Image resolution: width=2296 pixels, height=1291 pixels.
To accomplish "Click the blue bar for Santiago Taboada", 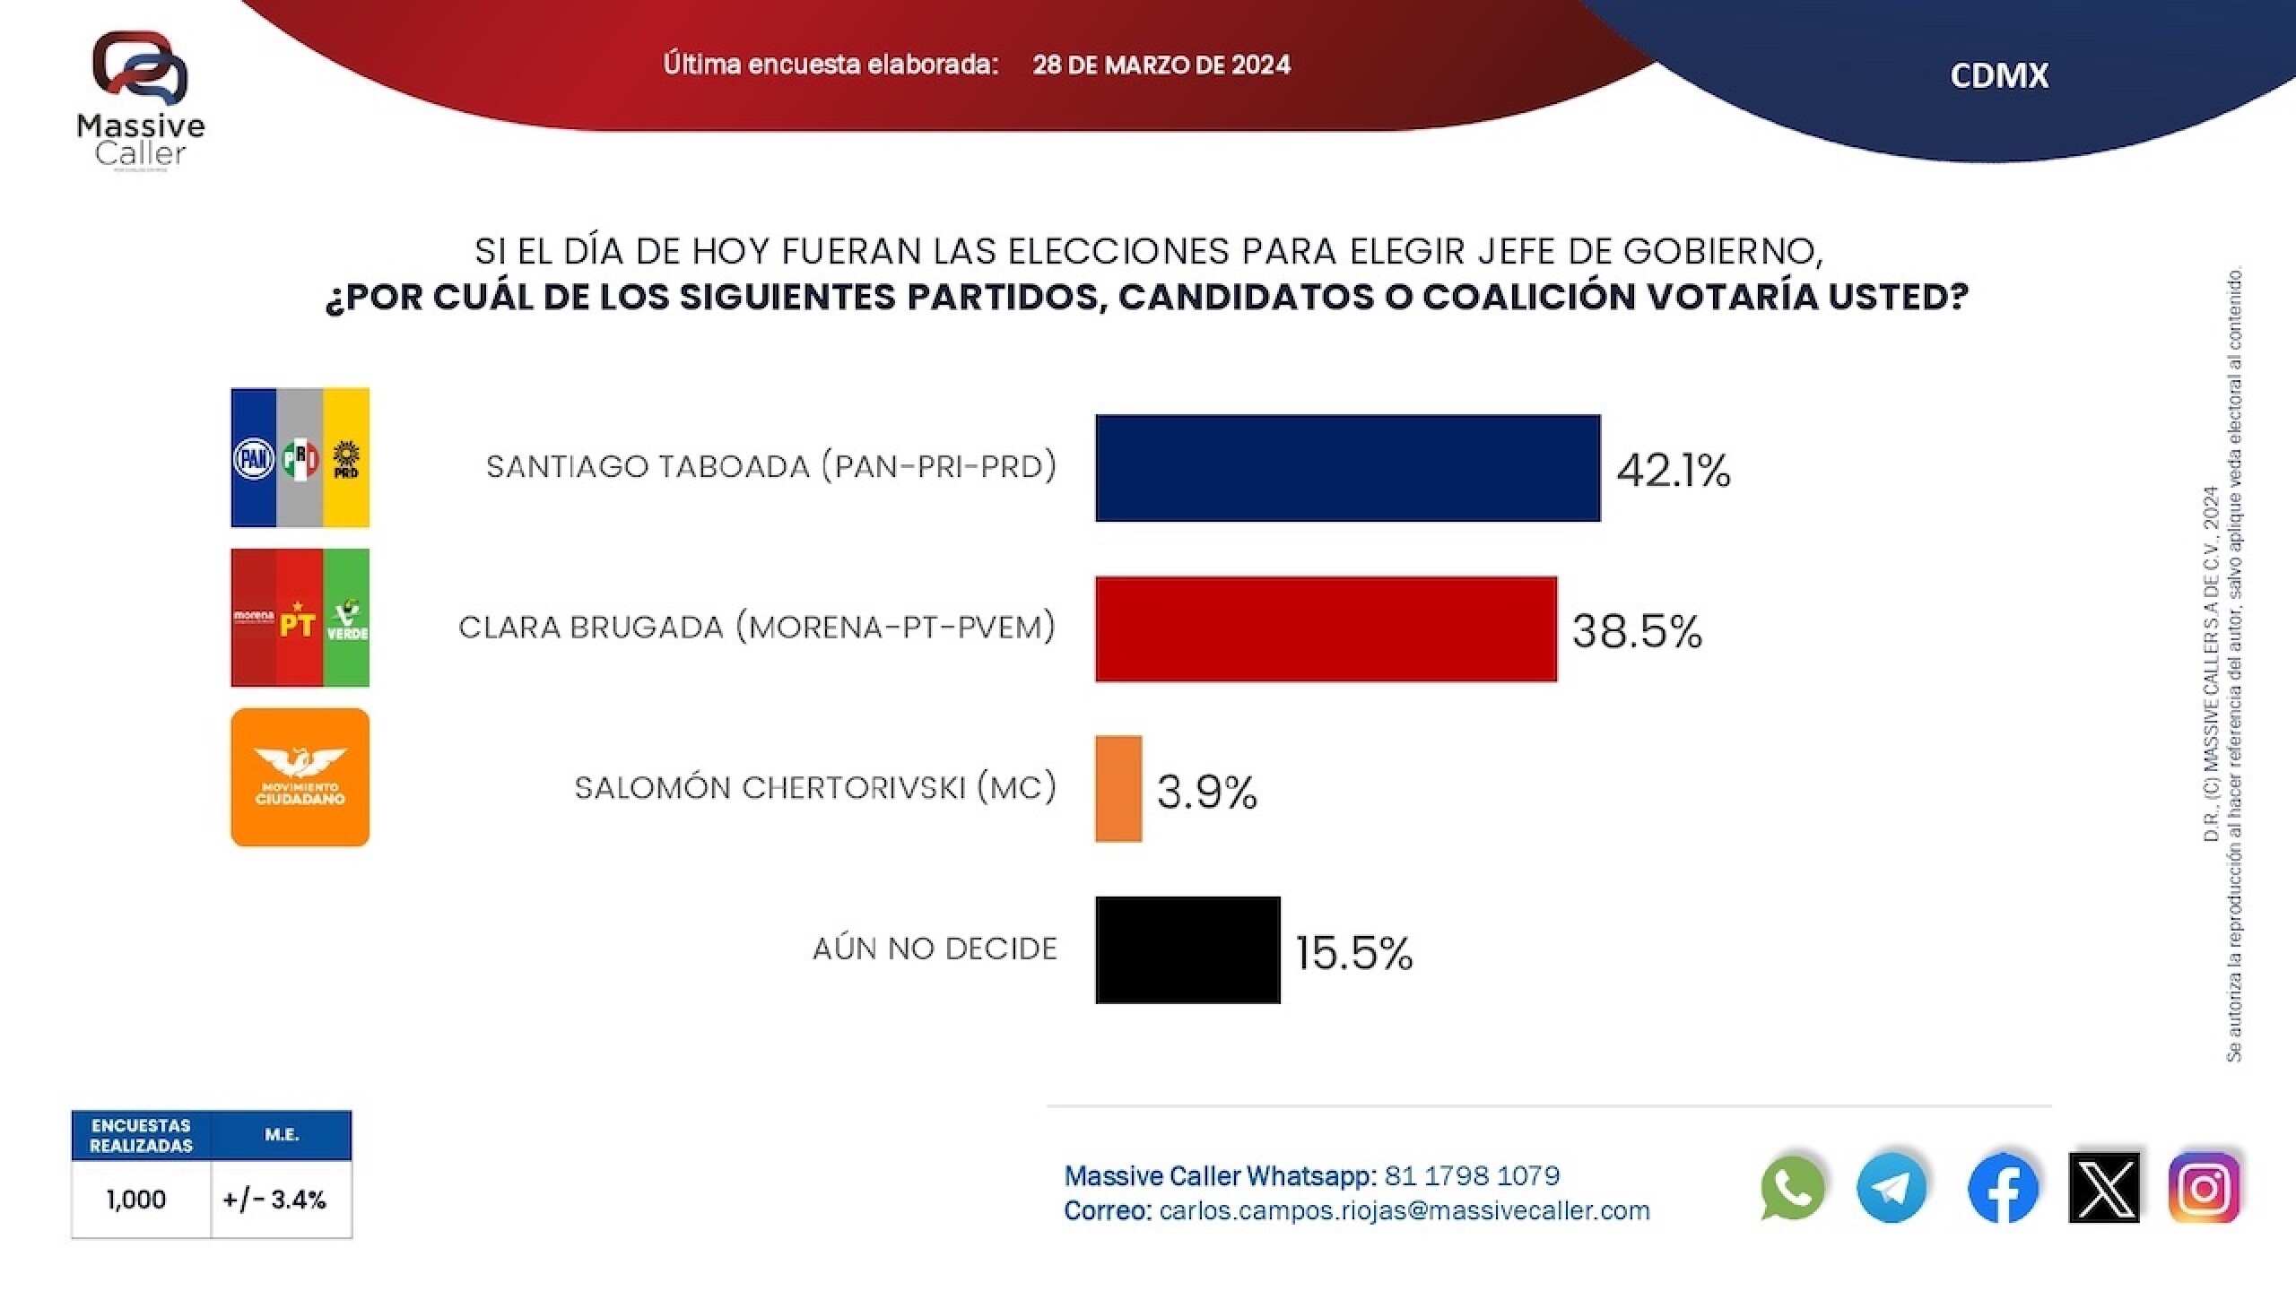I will click(1347, 467).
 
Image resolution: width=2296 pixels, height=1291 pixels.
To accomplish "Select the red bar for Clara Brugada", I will click(1326, 628).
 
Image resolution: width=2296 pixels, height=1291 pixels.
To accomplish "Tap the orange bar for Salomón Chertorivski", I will click(1118, 789).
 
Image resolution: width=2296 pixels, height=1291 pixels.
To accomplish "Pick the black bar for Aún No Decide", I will click(1187, 949).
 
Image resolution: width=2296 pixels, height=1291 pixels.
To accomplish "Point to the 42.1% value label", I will click(1673, 470).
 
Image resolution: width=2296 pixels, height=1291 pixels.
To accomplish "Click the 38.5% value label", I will click(1637, 630).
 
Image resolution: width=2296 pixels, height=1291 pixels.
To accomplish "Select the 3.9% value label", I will click(1206, 792).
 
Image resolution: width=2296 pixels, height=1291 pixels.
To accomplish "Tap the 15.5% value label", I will click(1353, 952).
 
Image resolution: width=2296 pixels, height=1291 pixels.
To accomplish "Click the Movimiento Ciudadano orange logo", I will click(300, 777).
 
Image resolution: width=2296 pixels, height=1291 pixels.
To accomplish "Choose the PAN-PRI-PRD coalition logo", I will click(300, 457).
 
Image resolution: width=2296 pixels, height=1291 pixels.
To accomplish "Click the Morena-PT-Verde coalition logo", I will click(300, 618).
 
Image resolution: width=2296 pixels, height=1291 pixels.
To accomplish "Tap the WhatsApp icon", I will click(1792, 1188).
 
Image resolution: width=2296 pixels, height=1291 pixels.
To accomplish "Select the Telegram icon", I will click(1892, 1188).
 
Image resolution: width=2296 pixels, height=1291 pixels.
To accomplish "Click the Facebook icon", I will click(2002, 1189).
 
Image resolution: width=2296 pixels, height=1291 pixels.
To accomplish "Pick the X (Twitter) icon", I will click(2103, 1188).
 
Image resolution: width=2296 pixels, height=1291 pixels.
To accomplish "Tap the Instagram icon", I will click(2205, 1188).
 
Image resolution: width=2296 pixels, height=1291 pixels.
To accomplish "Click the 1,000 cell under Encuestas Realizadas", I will click(136, 1200).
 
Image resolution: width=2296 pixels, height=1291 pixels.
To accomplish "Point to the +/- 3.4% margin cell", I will click(275, 1200).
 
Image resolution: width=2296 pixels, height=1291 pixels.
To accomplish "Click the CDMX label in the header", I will click(1999, 75).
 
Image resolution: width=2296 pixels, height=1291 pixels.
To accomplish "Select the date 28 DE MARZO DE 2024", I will click(1161, 65).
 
